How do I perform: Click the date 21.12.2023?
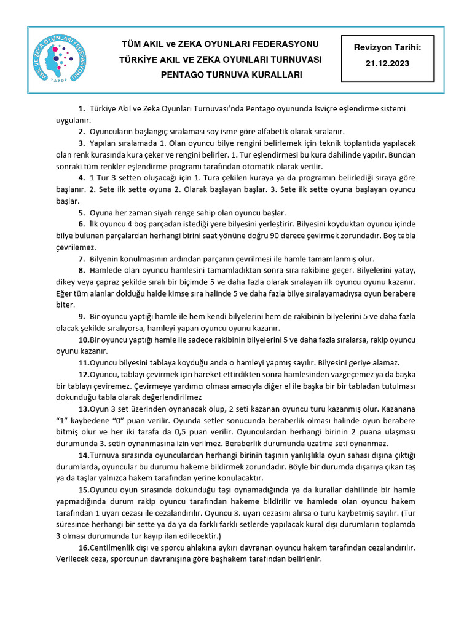click(x=387, y=63)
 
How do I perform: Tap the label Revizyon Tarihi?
click(x=387, y=47)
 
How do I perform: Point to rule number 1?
click(x=82, y=109)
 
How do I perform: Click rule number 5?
click(x=82, y=212)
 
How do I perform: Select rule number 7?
click(x=82, y=259)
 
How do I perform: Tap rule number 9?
click(x=82, y=317)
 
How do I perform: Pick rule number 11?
click(x=84, y=362)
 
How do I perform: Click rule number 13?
click(x=84, y=409)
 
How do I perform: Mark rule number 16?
click(x=84, y=548)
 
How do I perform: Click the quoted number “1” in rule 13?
click(x=63, y=421)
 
